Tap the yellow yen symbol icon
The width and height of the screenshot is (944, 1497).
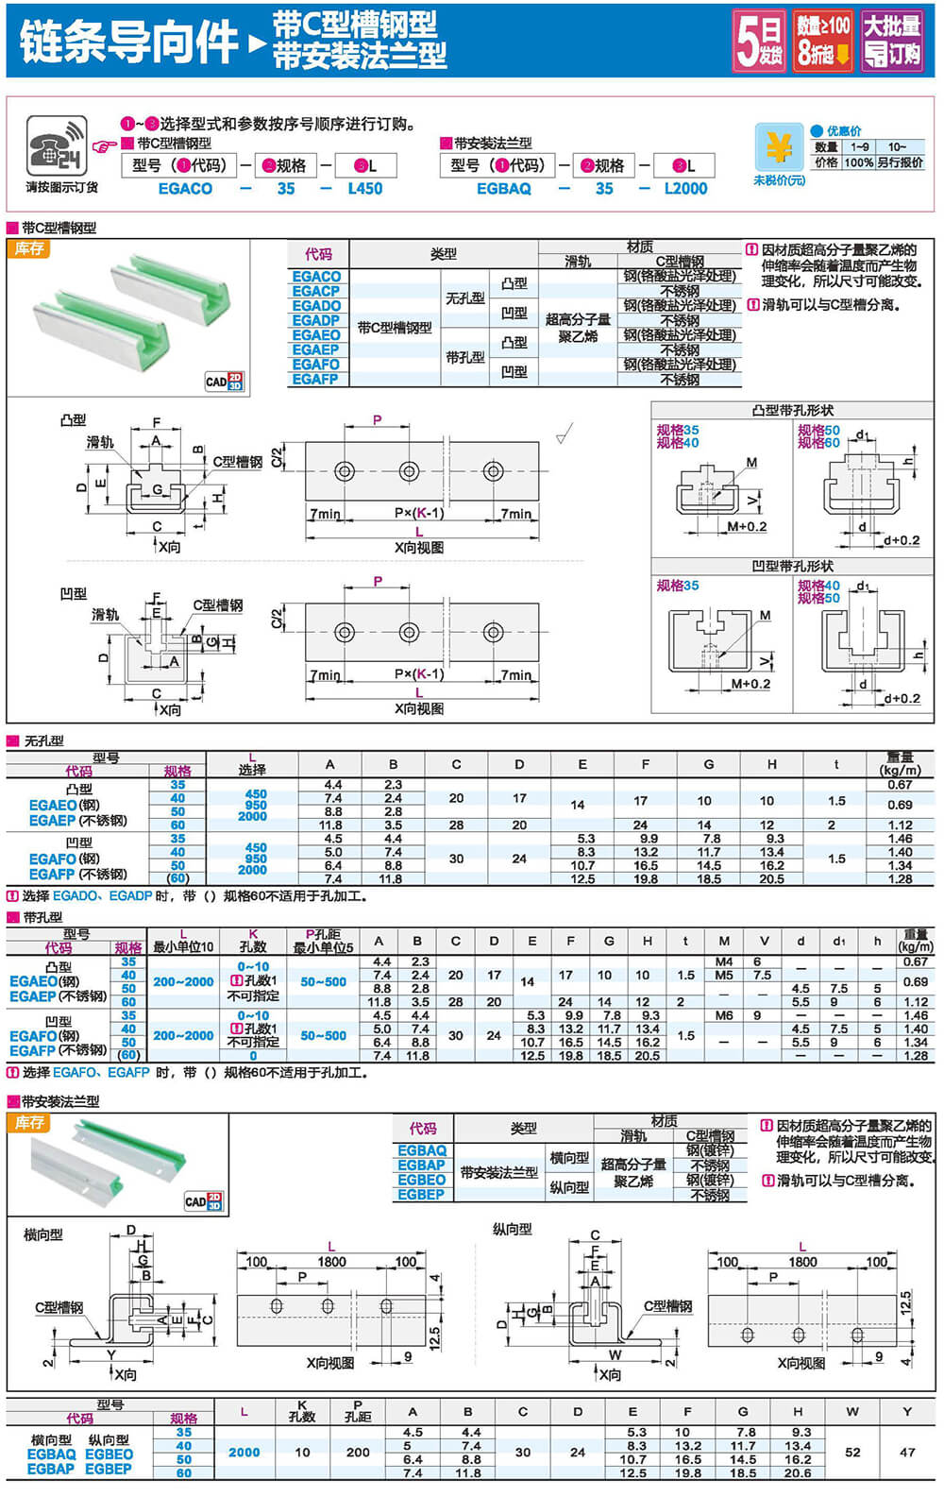[x=779, y=148]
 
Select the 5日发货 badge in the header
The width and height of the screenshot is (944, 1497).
[x=759, y=41]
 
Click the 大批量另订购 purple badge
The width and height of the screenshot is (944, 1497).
[x=892, y=41]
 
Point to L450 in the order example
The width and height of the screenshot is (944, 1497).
[x=365, y=189]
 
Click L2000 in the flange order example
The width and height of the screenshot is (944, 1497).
[x=685, y=189]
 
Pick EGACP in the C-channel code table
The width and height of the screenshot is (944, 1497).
[x=316, y=291]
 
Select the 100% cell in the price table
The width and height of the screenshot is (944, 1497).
[x=858, y=162]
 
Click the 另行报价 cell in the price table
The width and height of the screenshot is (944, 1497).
[x=900, y=162]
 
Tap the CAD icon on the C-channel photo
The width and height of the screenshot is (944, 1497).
[x=225, y=381]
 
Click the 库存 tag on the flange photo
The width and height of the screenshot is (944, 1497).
[x=29, y=1122]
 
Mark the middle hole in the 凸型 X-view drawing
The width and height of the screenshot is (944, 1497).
[x=409, y=470]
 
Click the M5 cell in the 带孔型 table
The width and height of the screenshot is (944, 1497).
[x=724, y=975]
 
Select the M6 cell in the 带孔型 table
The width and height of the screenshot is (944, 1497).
[x=724, y=1015]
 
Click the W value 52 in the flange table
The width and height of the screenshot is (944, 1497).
[x=852, y=1453]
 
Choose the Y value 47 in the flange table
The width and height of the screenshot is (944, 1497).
[x=907, y=1453]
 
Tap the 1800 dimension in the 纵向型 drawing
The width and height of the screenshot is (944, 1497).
[x=802, y=1262]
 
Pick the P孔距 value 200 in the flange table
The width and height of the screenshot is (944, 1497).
[x=358, y=1453]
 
